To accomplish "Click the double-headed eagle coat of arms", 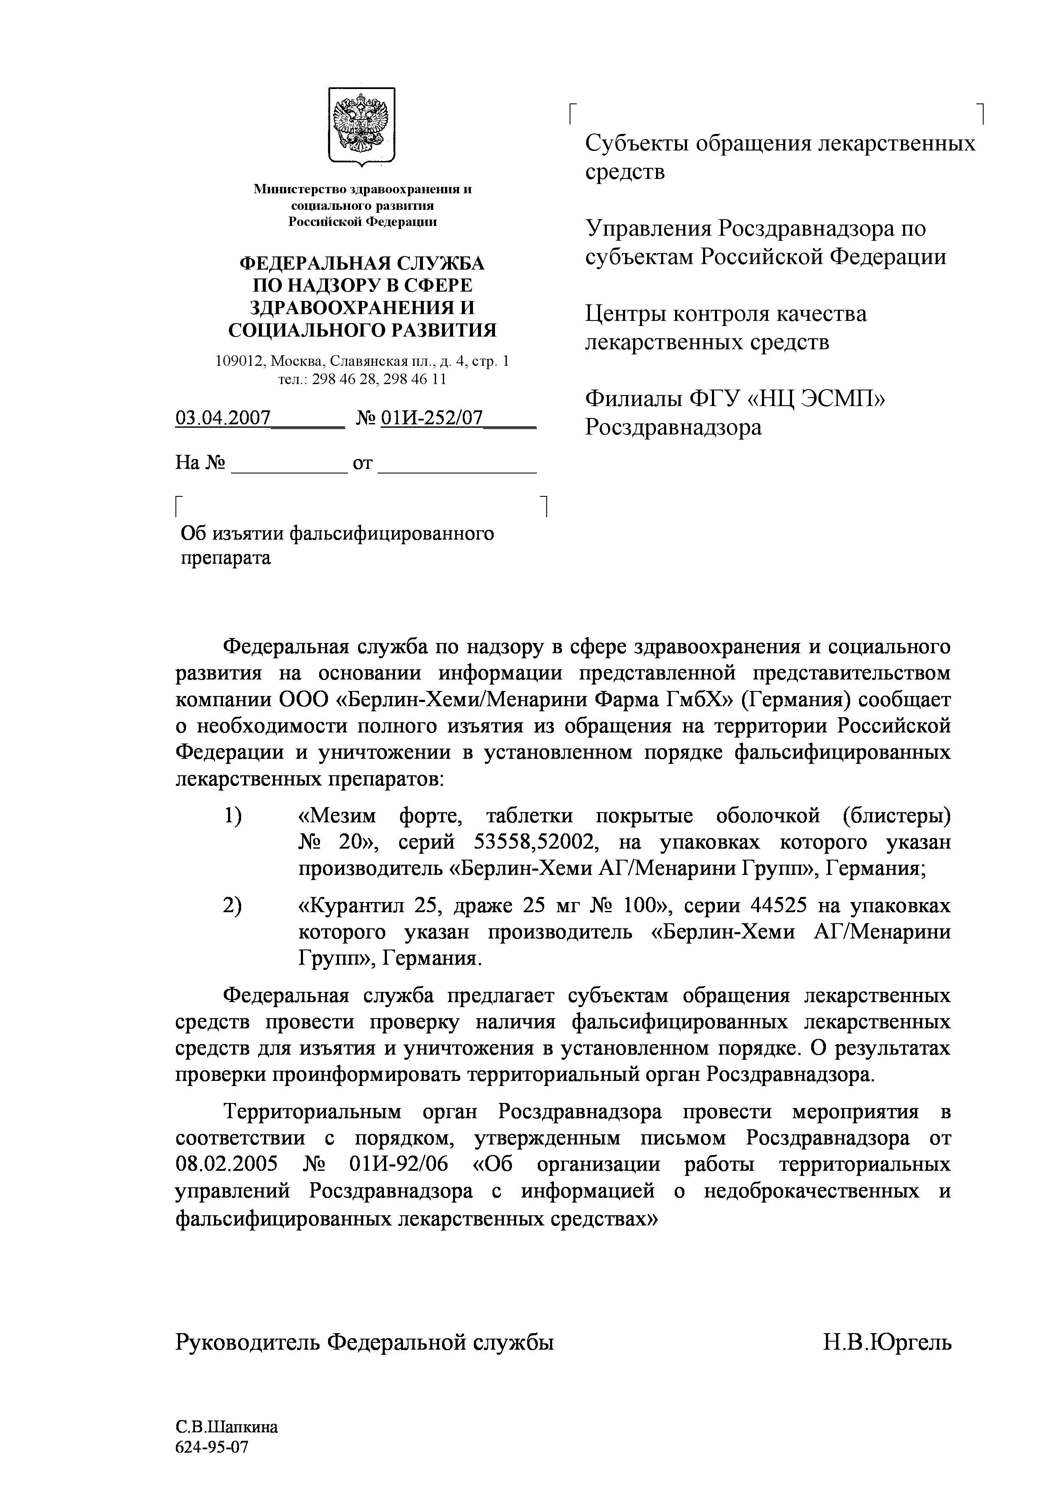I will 361,124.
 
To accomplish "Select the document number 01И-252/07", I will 431,418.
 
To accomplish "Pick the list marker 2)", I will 233,905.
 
